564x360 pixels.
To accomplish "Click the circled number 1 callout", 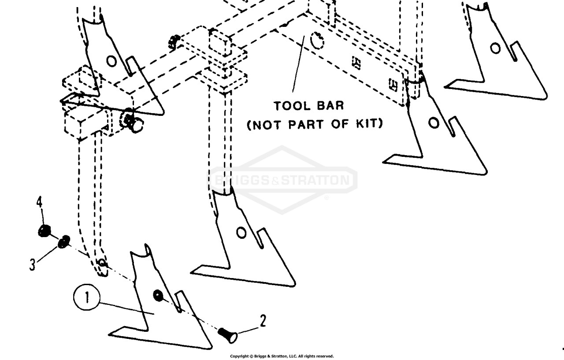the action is pyautogui.click(x=87, y=297).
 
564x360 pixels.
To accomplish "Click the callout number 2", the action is pyautogui.click(x=263, y=321).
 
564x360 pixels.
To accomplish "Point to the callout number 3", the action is pyautogui.click(x=32, y=264).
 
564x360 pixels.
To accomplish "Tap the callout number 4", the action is pyautogui.click(x=40, y=202).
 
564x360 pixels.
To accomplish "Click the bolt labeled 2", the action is pyautogui.click(x=228, y=335).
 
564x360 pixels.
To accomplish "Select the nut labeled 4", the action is pyautogui.click(x=44, y=231).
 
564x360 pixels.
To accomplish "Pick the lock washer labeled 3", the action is pyautogui.click(x=64, y=241).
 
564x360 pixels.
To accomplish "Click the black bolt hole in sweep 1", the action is pyautogui.click(x=158, y=295).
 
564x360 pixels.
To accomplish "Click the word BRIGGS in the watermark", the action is pyautogui.click(x=242, y=180).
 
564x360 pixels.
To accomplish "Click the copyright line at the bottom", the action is pyautogui.click(x=282, y=356).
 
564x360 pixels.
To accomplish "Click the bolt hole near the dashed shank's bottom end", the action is pyautogui.click(x=102, y=263).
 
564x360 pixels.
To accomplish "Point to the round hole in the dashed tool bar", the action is pyautogui.click(x=317, y=41).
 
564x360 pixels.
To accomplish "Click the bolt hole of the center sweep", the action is pyautogui.click(x=241, y=233).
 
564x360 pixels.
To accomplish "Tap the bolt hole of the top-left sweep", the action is pyautogui.click(x=111, y=61).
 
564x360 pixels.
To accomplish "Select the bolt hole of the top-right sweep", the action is pyautogui.click(x=495, y=48).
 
